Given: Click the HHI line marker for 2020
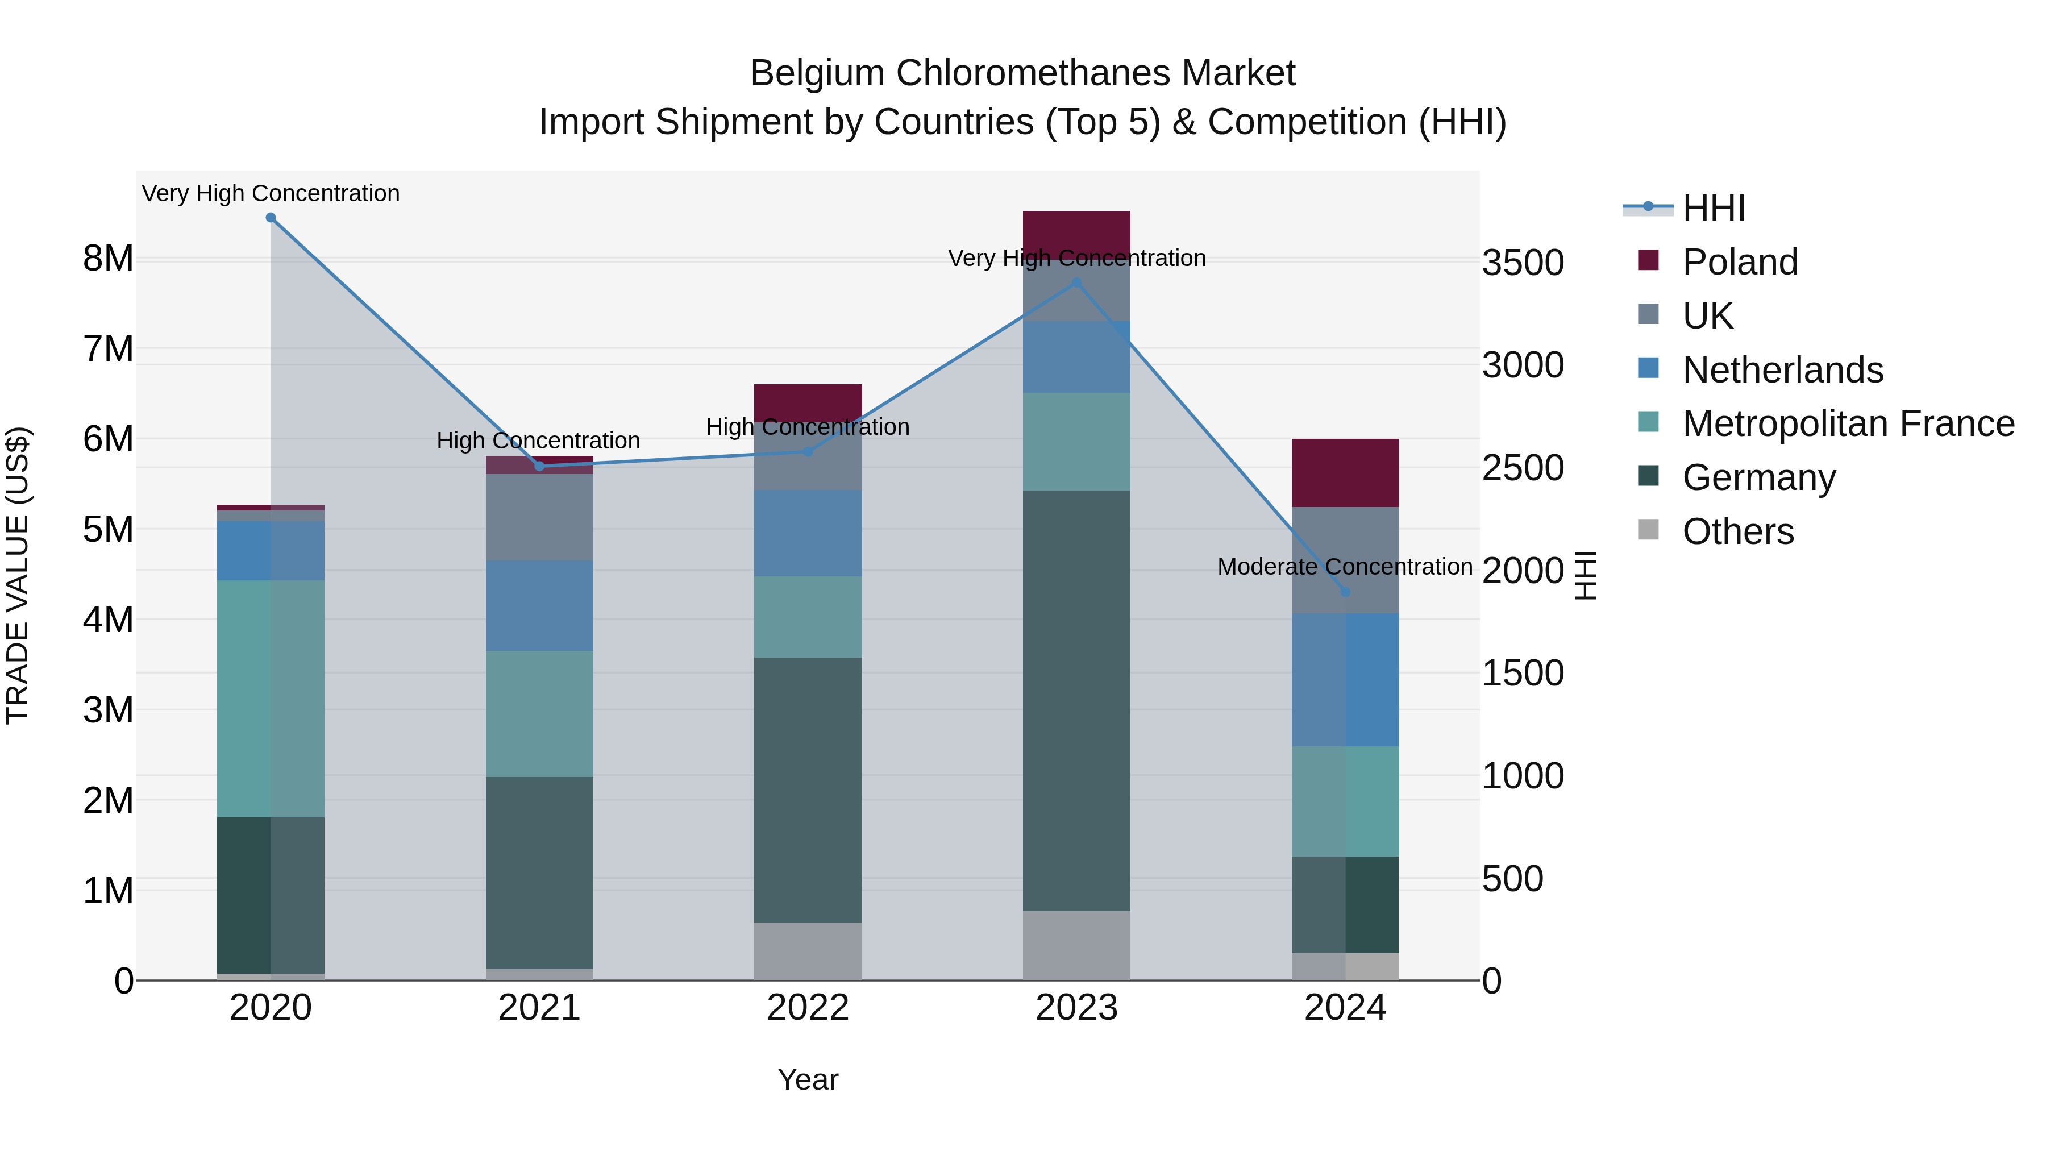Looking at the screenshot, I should pyautogui.click(x=271, y=218).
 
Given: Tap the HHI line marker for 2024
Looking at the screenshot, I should pyautogui.click(x=1345, y=592).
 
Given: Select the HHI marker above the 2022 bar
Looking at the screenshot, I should pyautogui.click(x=808, y=451).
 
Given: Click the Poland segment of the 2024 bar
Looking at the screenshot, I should pyautogui.click(x=1345, y=473).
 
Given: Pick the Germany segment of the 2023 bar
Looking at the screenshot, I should pyautogui.click(x=1076, y=699).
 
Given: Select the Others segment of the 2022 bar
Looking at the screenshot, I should pyautogui.click(x=808, y=951).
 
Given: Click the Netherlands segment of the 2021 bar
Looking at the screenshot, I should pyautogui.click(x=539, y=605).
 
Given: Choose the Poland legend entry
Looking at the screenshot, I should pyautogui.click(x=1740, y=262).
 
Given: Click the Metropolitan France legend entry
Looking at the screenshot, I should pyautogui.click(x=1848, y=423).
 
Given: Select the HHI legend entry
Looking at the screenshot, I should pyautogui.click(x=1713, y=208).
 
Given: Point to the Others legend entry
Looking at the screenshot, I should pyautogui.click(x=1738, y=531).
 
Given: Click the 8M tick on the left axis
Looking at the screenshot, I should pyautogui.click(x=108, y=259).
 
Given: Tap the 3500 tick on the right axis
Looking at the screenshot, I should pyautogui.click(x=1523, y=263).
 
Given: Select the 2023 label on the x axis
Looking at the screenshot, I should pyautogui.click(x=1076, y=1008).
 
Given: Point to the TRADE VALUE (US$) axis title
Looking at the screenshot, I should pyautogui.click(x=18, y=575).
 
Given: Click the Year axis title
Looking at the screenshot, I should pyautogui.click(x=808, y=1079).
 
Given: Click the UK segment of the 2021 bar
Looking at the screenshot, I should pyautogui.click(x=539, y=517).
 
